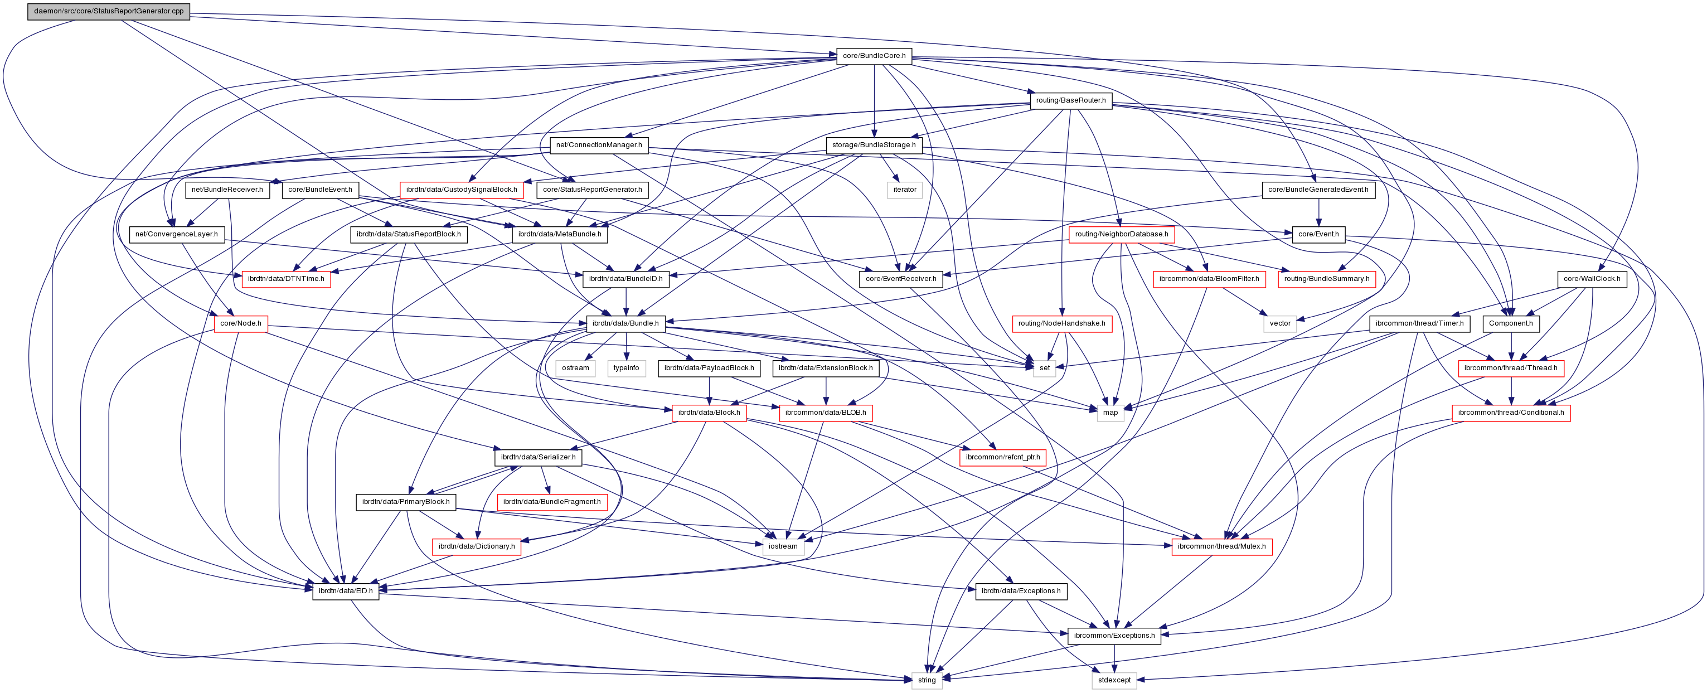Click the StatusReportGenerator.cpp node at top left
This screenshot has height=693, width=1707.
pyautogui.click(x=109, y=11)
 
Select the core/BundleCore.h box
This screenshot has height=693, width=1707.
pyautogui.click(x=874, y=56)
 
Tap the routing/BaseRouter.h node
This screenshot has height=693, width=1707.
pyautogui.click(x=1070, y=100)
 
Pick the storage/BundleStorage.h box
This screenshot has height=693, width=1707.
pyautogui.click(x=874, y=144)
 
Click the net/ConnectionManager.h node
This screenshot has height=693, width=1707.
pyautogui.click(x=598, y=144)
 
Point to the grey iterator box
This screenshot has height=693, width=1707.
pyautogui.click(x=905, y=190)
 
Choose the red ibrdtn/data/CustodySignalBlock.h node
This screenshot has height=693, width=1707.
pyautogui.click(x=461, y=190)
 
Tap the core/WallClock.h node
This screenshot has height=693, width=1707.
pyautogui.click(x=1591, y=278)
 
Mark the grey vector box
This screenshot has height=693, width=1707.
pyautogui.click(x=1279, y=323)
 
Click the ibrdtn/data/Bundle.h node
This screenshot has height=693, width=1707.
pyautogui.click(x=625, y=323)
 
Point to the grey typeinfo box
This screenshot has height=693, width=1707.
pyautogui.click(x=625, y=368)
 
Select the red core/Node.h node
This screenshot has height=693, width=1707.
pyautogui.click(x=240, y=323)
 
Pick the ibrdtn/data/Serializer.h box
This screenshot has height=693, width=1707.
pyautogui.click(x=537, y=457)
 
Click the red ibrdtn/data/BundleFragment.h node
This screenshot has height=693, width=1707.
pyautogui.click(x=551, y=502)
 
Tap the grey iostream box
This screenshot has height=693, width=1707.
pyautogui.click(x=783, y=546)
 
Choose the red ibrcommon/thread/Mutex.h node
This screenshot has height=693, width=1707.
pyautogui.click(x=1221, y=546)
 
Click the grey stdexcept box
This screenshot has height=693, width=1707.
pyautogui.click(x=1114, y=680)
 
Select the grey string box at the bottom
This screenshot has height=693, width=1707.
pyautogui.click(x=927, y=680)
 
